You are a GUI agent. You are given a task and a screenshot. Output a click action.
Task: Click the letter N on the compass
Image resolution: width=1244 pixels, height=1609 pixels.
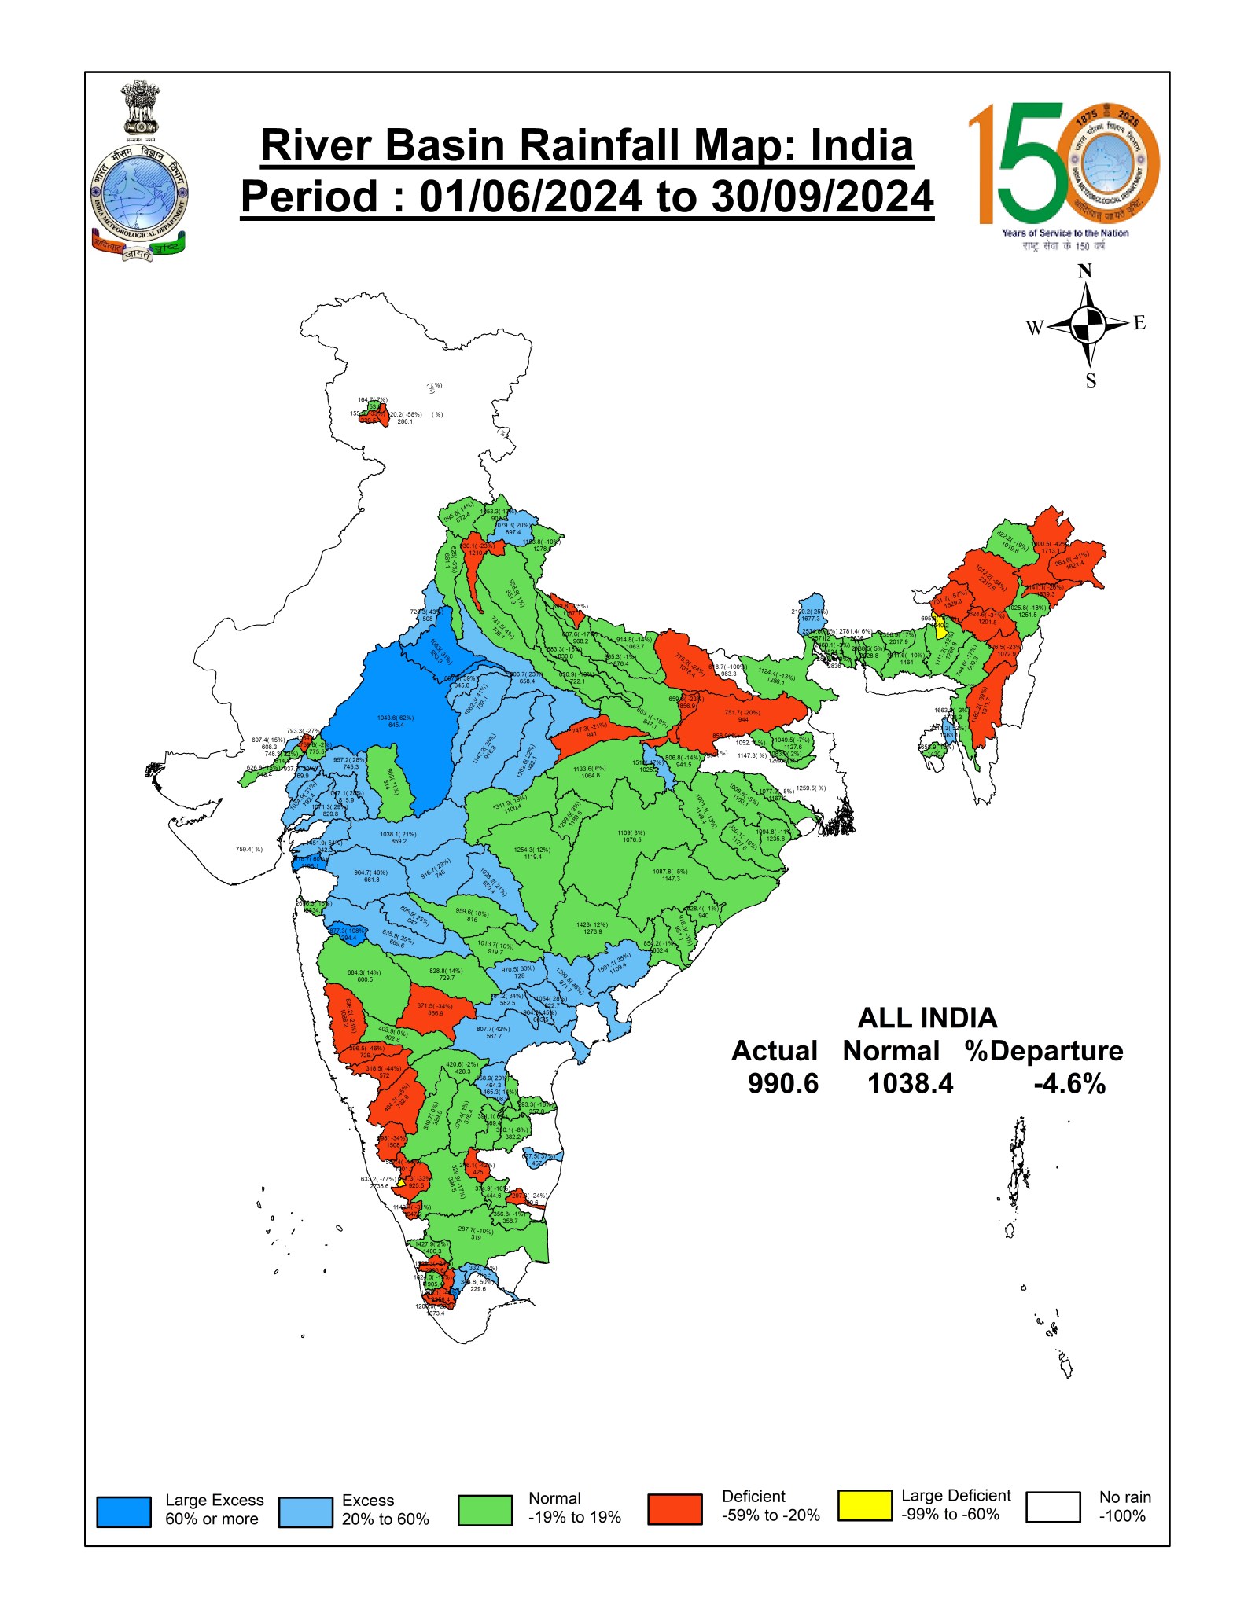(1084, 271)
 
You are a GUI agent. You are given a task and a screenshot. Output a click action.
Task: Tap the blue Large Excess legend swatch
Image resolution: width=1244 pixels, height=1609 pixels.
(123, 1511)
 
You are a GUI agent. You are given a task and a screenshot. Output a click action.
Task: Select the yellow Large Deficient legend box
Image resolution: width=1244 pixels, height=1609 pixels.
(864, 1504)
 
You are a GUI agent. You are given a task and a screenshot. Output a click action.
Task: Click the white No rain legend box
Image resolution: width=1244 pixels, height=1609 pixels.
(1053, 1506)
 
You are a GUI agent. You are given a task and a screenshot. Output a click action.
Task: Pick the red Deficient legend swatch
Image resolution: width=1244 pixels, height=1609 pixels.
(675, 1508)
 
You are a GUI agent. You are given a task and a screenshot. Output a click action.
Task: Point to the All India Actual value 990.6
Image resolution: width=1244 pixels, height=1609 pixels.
(782, 1083)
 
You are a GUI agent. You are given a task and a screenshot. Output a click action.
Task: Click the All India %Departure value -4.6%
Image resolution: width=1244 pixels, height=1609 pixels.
(1069, 1084)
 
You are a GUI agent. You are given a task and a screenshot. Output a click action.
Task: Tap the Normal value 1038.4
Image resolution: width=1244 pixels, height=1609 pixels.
(910, 1083)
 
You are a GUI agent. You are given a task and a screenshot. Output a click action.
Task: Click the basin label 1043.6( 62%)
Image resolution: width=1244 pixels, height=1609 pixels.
(396, 718)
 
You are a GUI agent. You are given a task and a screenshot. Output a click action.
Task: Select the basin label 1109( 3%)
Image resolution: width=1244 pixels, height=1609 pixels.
(631, 832)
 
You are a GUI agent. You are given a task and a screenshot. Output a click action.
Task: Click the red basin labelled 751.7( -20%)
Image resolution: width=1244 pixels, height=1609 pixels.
(742, 713)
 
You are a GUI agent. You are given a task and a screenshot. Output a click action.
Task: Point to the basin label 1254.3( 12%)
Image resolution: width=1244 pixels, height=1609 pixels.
(532, 850)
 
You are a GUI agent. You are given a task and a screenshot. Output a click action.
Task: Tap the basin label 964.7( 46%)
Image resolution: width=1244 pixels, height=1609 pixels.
(370, 872)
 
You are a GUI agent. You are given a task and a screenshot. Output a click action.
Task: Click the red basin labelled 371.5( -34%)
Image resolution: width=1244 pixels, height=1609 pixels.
(435, 1006)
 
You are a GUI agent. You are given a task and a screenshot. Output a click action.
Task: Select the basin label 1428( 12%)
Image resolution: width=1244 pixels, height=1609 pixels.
(592, 925)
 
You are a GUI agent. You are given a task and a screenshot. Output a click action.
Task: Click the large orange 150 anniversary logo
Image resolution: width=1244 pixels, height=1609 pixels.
(1062, 165)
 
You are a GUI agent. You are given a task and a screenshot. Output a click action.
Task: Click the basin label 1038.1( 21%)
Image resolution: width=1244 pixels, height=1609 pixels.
(398, 834)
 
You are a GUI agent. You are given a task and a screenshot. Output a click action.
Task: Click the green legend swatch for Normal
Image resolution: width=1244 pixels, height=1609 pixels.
(484, 1510)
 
